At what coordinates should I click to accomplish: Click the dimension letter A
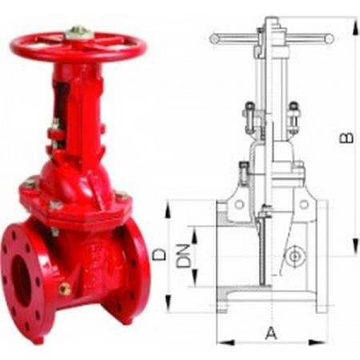click(x=270, y=332)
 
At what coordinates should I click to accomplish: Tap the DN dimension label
click(x=182, y=254)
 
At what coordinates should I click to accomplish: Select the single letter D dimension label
click(x=159, y=254)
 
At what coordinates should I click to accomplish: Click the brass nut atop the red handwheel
click(x=78, y=32)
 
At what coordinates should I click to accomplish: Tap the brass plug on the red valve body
click(x=66, y=289)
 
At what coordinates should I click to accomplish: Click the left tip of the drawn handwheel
click(x=212, y=38)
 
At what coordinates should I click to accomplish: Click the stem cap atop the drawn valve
click(x=272, y=20)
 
